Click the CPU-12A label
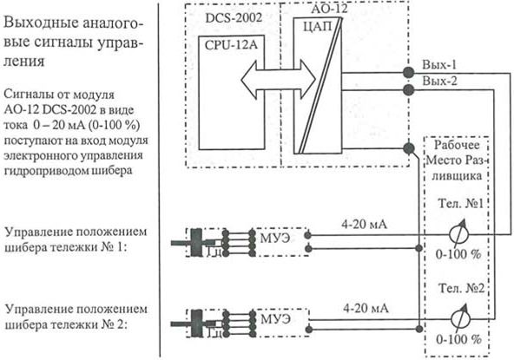click(231, 45)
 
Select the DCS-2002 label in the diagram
click(234, 17)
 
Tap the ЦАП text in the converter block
click(317, 28)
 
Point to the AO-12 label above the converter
click(329, 9)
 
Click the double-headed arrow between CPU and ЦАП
click(279, 80)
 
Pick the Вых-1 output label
click(439, 64)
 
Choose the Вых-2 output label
click(439, 81)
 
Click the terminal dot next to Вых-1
click(408, 72)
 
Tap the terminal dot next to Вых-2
click(408, 89)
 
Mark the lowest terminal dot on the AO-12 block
click(408, 148)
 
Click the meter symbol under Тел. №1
click(459, 234)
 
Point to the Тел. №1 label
click(460, 203)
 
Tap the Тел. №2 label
click(461, 288)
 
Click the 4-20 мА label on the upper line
click(364, 225)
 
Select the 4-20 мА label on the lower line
click(366, 309)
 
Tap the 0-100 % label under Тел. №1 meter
click(458, 254)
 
